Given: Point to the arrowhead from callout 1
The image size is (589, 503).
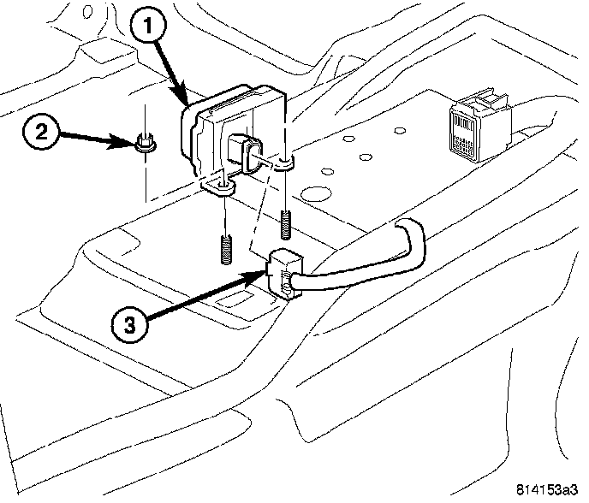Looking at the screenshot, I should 187,102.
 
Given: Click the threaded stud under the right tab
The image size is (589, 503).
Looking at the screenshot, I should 284,223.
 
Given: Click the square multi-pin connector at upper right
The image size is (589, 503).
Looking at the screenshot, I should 467,129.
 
